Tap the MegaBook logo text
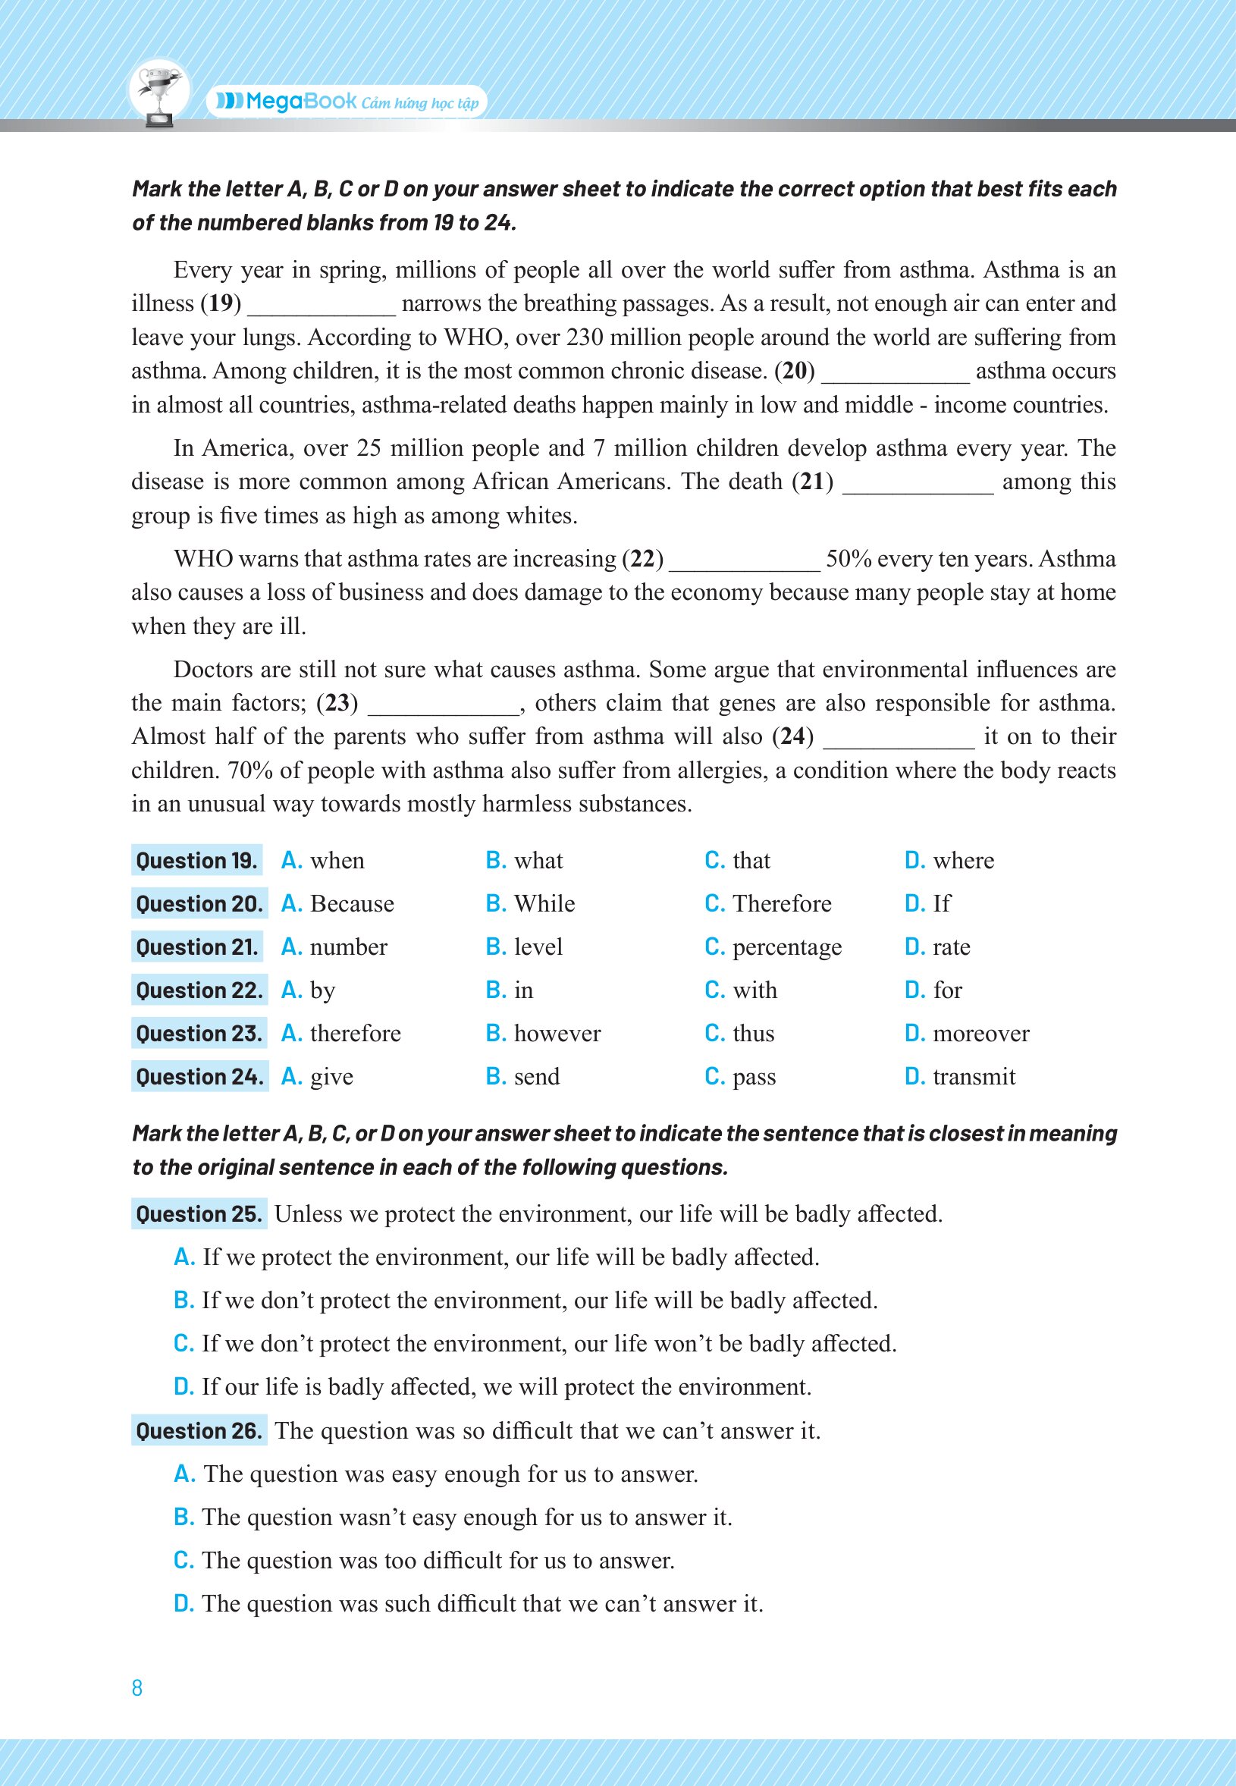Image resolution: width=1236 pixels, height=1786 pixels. (x=300, y=102)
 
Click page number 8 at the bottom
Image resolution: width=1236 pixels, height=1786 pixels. (x=137, y=1687)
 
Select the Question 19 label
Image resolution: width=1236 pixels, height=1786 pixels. (x=196, y=861)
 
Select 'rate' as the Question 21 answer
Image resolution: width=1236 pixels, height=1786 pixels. (x=951, y=947)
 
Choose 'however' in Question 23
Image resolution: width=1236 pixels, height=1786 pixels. (x=557, y=1033)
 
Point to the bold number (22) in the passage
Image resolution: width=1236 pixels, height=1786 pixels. (x=643, y=559)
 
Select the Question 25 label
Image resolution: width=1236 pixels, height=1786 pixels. (x=199, y=1213)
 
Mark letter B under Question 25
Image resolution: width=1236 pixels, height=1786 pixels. (x=184, y=1301)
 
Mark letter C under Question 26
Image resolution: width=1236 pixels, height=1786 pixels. (x=184, y=1561)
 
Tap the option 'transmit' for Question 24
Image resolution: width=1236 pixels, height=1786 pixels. (x=974, y=1077)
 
